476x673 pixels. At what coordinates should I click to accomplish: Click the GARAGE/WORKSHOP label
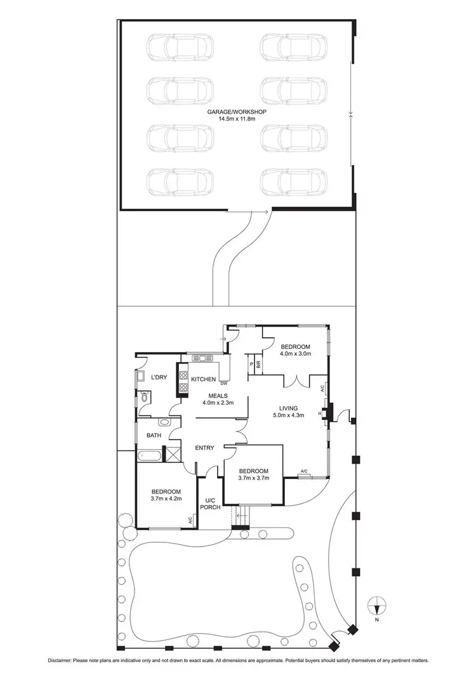[x=236, y=112]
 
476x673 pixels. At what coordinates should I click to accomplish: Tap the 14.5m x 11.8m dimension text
[x=236, y=119]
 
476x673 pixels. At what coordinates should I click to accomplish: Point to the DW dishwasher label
[x=224, y=384]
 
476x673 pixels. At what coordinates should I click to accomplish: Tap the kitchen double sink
[x=204, y=358]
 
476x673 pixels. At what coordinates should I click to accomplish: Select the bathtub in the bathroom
[x=150, y=455]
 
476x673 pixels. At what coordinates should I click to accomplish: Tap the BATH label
[x=154, y=436]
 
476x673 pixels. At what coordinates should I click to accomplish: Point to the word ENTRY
[x=204, y=448]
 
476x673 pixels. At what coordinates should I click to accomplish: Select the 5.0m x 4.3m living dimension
[x=289, y=416]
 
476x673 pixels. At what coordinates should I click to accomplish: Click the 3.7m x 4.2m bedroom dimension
[x=166, y=499]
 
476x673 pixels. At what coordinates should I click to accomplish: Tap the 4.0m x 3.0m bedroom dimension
[x=296, y=354]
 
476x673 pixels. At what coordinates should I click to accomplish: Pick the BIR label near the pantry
[x=259, y=364]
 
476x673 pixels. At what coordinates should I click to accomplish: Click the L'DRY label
[x=159, y=377]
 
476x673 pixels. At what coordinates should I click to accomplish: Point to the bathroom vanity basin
[x=164, y=421]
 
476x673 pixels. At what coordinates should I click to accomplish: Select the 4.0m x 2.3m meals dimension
[x=218, y=403]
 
